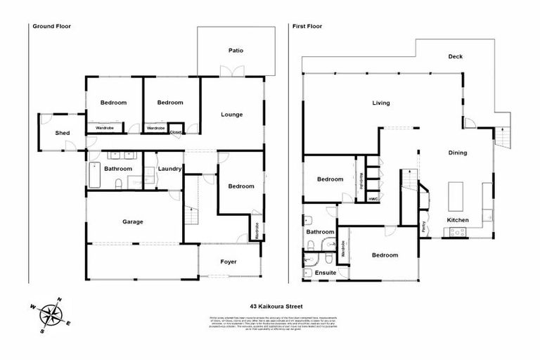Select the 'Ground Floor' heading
pyautogui.click(x=51, y=26)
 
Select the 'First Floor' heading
pyautogui.click(x=308, y=26)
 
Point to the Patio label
pyautogui.click(x=236, y=50)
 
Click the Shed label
pyautogui.click(x=63, y=133)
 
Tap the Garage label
pyautogui.click(x=133, y=221)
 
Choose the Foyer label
pyautogui.click(x=229, y=262)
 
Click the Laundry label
pyautogui.click(x=170, y=169)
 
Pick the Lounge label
pyautogui.click(x=231, y=115)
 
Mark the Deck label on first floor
pyautogui.click(x=456, y=57)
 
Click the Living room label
pyautogui.click(x=380, y=103)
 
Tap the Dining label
pyautogui.click(x=458, y=153)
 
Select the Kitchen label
pyautogui.click(x=458, y=220)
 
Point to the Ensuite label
pyautogui.click(x=325, y=272)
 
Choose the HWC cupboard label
pyautogui.click(x=372, y=199)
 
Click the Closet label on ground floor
pyautogui.click(x=176, y=131)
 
